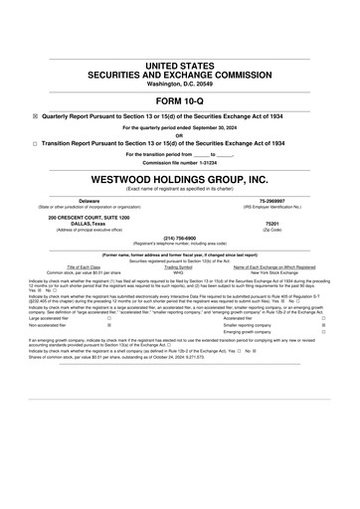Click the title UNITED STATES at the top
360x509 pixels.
coord(179,65)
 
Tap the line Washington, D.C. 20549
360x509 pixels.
coord(179,84)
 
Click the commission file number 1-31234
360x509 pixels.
coord(201,162)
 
